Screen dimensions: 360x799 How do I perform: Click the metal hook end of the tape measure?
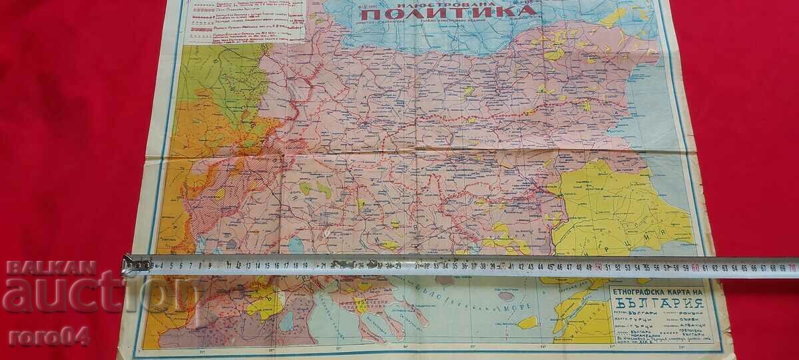(135, 266)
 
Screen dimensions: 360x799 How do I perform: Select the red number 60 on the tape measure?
(694, 268)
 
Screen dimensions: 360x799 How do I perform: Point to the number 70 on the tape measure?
(791, 268)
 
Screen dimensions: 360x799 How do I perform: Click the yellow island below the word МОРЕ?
(527, 322)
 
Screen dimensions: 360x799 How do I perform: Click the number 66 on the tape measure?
(752, 268)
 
